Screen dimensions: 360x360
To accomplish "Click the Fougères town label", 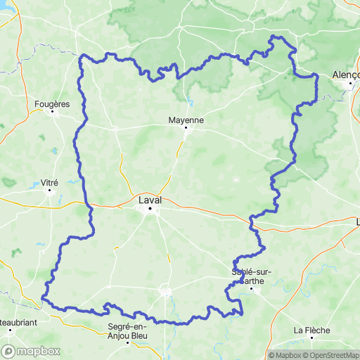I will point(53,104).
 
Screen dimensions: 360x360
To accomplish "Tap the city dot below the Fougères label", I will point(53,111).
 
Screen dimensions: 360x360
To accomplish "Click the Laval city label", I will point(150,200).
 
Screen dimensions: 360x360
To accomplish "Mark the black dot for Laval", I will point(150,207).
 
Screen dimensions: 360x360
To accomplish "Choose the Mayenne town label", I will point(186,120).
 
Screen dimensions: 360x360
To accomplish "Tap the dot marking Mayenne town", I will point(186,128).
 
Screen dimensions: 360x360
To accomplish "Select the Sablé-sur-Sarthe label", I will point(252,276).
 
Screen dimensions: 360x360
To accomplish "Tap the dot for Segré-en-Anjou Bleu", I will point(127,342).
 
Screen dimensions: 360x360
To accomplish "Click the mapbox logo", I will point(30,351).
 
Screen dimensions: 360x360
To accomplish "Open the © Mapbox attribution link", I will point(287,354).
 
